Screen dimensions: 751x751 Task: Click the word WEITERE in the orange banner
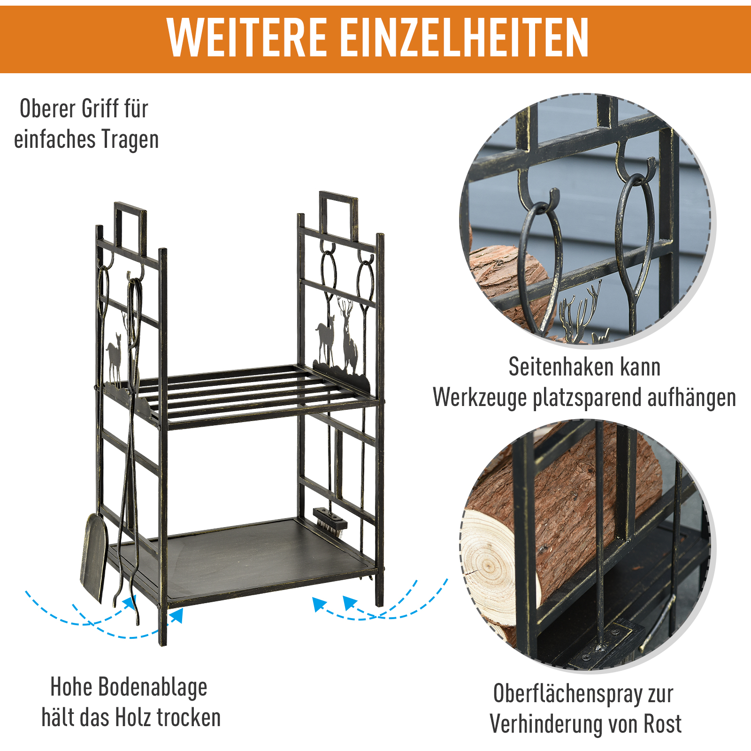pos(246,38)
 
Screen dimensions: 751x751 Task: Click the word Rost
pos(662,724)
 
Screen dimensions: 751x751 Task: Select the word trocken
pos(188,718)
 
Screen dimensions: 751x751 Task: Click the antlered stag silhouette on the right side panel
pos(348,338)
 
